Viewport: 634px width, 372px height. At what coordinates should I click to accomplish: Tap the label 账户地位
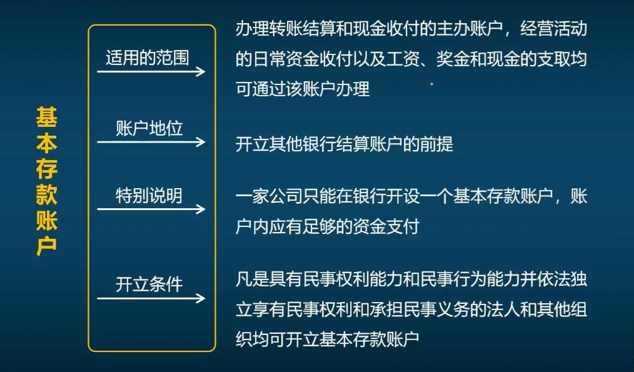pos(149,129)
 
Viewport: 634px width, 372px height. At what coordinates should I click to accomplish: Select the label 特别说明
pos(149,196)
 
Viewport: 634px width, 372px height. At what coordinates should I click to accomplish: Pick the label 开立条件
pos(149,284)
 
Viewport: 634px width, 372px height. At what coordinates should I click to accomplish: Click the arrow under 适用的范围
pos(151,71)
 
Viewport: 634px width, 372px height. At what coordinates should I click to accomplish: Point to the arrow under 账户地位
pos(151,142)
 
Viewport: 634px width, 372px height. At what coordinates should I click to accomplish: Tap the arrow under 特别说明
pos(151,209)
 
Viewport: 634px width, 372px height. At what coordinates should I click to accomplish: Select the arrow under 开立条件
pos(151,298)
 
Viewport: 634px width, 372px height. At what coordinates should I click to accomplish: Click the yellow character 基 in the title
pos(47,117)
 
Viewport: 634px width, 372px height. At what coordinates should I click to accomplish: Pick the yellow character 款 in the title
pos(47,194)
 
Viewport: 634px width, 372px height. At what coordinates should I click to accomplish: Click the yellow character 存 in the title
pos(47,169)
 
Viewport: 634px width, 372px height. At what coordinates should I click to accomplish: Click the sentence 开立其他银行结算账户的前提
pos(345,144)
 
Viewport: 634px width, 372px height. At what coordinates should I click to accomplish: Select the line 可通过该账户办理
pos(303,89)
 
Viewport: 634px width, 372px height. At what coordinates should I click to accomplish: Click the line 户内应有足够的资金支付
pos(327,226)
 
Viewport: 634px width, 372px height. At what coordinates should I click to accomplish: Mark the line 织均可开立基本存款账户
pos(327,339)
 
